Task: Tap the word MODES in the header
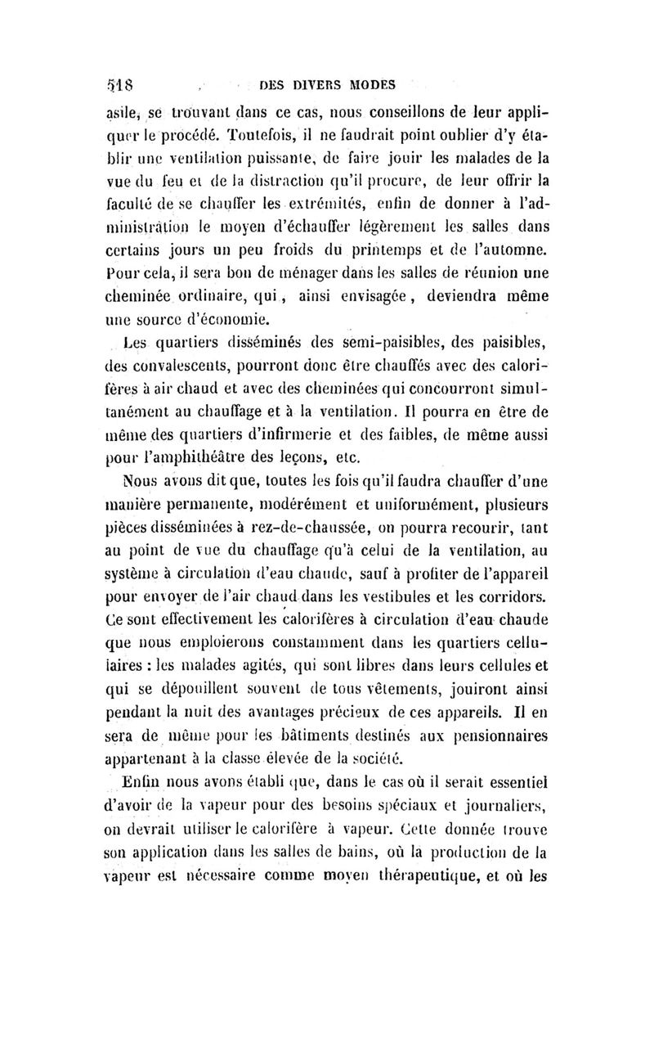(x=365, y=83)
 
